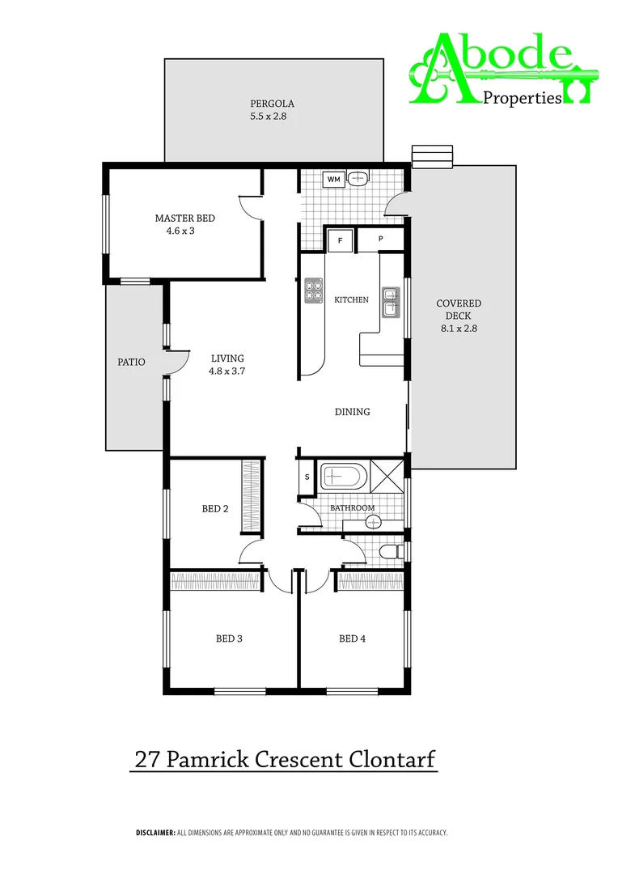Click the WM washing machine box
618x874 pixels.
333,179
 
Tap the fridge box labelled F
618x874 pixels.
340,240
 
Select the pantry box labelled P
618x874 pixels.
379,240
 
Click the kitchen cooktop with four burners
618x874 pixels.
313,291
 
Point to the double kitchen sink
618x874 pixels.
392,301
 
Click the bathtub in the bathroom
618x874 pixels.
345,476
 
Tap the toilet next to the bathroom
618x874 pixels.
392,552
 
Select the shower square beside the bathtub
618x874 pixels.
387,476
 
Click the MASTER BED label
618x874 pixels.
185,218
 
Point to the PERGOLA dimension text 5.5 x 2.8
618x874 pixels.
269,117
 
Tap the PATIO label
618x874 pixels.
132,362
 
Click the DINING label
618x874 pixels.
353,412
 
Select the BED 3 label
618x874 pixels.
229,639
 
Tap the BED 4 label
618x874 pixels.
353,639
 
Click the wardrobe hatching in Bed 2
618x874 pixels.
251,497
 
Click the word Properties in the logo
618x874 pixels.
522,98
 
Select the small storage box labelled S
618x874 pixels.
307,477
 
